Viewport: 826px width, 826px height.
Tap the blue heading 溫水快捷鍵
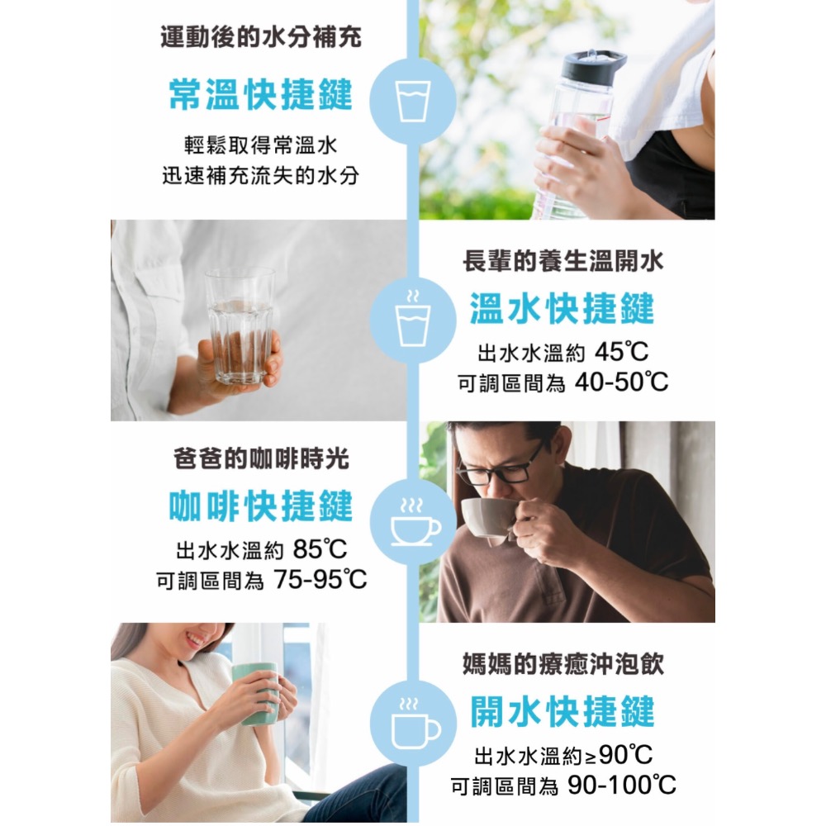point(562,309)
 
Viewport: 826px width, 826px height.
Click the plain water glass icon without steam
point(412,101)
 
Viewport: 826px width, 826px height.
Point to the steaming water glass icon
point(412,319)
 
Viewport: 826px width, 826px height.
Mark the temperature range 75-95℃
point(320,580)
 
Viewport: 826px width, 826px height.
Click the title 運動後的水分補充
point(260,38)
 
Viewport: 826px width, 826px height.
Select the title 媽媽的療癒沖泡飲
point(562,663)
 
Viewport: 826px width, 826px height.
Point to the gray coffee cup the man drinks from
point(487,516)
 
